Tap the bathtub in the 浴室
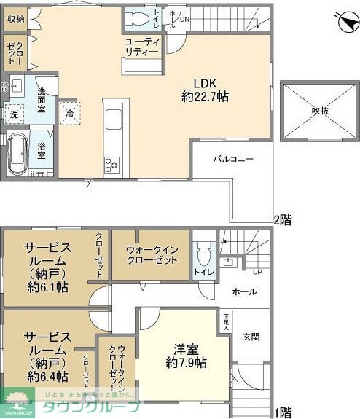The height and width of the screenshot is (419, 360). point(17,153)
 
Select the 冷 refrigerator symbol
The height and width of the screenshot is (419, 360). point(70,114)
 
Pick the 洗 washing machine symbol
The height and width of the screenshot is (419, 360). point(15,114)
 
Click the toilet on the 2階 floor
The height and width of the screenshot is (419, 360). point(138,18)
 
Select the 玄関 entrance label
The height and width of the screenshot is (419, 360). point(250,337)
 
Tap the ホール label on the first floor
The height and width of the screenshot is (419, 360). point(244,292)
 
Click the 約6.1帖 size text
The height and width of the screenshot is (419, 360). point(47,288)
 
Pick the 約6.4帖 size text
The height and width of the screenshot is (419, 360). point(47,377)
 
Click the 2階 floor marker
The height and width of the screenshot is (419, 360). point(282,219)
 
